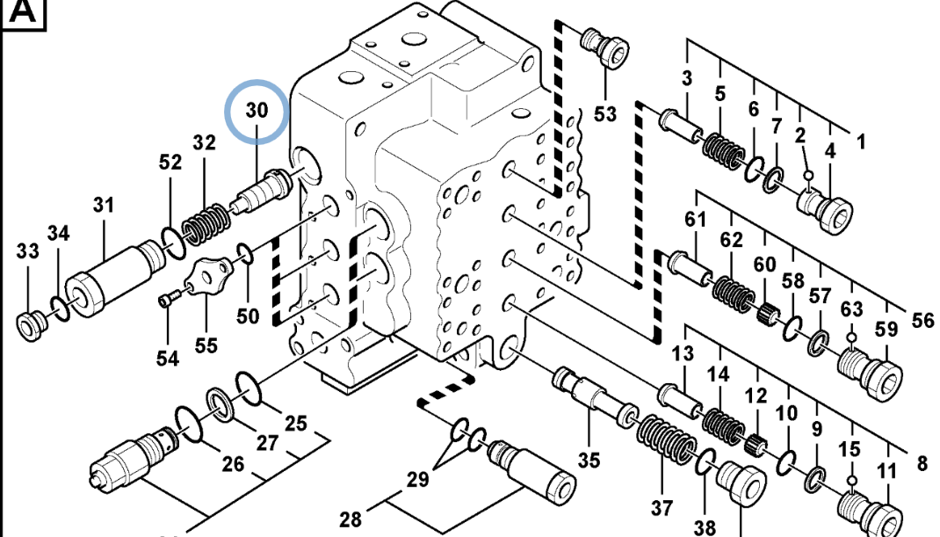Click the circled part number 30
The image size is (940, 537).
coord(256,111)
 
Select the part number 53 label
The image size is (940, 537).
coord(605,113)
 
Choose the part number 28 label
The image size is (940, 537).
coord(351,519)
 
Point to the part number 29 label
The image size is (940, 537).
coord(418,479)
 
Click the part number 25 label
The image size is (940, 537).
coord(296,423)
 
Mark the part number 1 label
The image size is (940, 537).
coord(861,140)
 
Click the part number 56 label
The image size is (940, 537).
coord(922,320)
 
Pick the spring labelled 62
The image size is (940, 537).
coord(734,291)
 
